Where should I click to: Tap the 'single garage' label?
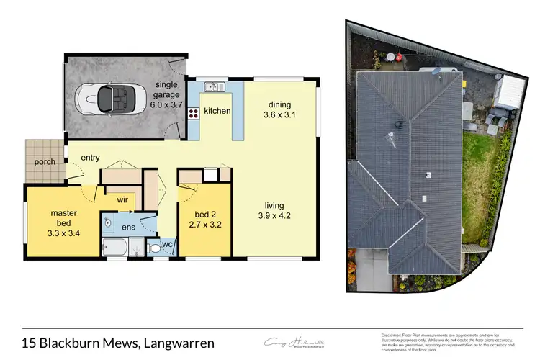pos(170,89)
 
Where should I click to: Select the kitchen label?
pos(217,111)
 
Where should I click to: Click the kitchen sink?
pos(214,88)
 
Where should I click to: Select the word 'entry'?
pos(91,158)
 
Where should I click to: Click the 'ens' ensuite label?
pos(128,228)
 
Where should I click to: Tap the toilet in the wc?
pos(153,248)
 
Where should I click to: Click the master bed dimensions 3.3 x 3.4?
pos(63,233)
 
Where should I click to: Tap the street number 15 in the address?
pos(29,343)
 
